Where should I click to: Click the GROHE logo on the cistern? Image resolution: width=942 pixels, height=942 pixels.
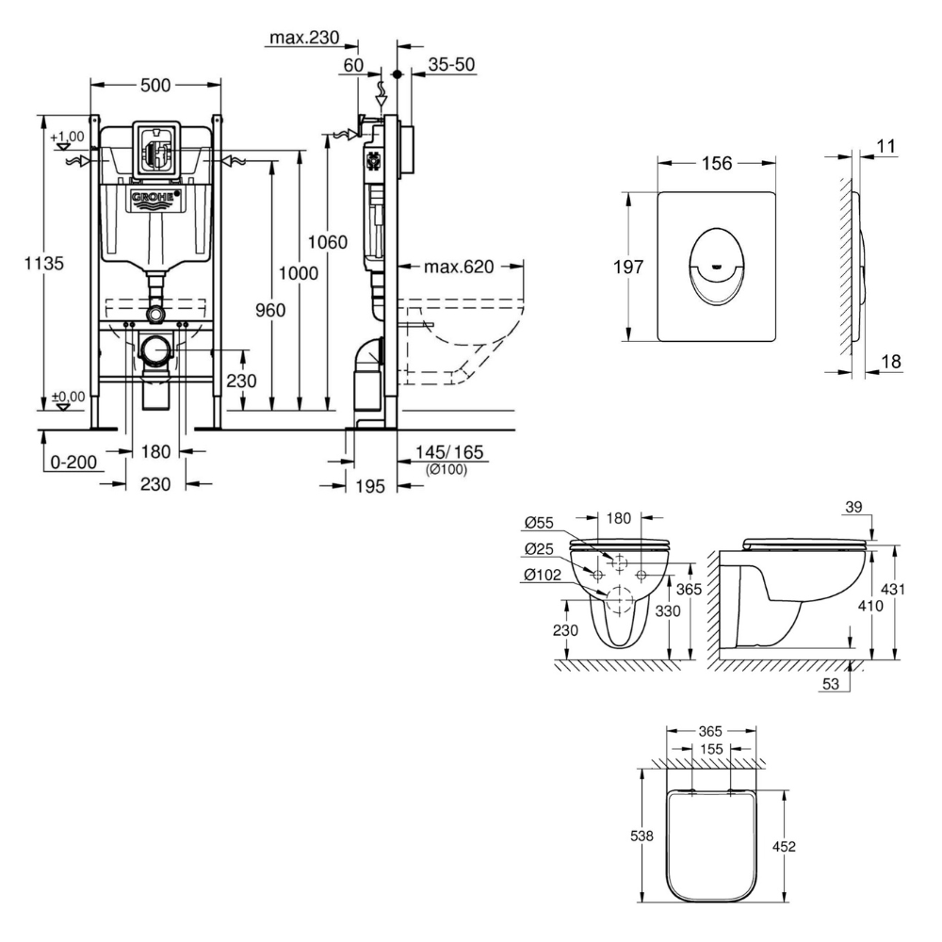point(154,199)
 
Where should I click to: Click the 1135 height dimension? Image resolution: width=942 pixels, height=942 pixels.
point(43,265)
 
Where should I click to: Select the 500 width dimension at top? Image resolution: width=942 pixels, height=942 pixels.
point(154,86)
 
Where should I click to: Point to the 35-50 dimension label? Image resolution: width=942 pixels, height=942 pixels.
point(452,66)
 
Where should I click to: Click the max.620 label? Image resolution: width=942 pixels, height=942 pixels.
point(459,267)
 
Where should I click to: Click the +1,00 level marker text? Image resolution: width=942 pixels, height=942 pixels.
point(68,136)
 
